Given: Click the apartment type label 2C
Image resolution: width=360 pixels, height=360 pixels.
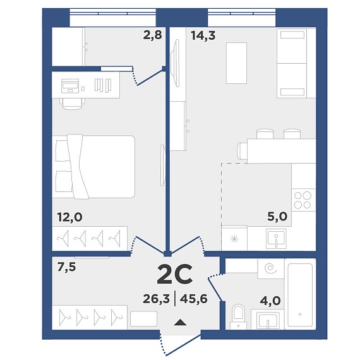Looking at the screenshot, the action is (175, 274).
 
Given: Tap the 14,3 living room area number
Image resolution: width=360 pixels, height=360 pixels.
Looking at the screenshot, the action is (203, 36).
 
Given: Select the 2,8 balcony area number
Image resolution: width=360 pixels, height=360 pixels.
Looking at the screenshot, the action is (153, 35).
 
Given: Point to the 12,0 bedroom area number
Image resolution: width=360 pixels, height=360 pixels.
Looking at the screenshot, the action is (70, 217).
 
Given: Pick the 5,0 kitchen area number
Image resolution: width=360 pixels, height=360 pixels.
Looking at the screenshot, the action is (277, 216).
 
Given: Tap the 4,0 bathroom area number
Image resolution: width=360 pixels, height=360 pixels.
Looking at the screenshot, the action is (270, 301).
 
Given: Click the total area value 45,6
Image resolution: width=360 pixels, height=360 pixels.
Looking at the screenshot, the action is (194, 299).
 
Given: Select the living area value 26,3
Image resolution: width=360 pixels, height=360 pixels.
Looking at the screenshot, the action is (157, 299).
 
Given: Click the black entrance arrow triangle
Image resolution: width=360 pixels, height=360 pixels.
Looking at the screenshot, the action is (180, 322).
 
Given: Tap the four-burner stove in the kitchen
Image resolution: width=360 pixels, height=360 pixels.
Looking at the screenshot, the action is (303, 200).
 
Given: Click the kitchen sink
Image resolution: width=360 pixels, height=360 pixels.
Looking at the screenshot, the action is (276, 239).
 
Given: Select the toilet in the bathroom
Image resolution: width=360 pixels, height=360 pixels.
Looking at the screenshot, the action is (239, 316).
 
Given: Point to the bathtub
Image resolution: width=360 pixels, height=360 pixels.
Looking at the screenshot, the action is (300, 295).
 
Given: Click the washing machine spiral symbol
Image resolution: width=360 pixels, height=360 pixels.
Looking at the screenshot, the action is (270, 268).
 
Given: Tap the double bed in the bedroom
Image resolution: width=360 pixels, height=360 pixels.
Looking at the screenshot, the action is (93, 167).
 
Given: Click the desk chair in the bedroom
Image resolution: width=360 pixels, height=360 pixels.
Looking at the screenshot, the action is (73, 104).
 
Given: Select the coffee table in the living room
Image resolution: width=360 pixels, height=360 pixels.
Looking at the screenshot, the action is (236, 63).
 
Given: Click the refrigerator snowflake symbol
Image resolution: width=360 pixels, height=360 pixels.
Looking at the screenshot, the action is (235, 239).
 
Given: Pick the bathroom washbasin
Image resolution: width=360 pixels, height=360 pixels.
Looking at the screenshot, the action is (268, 319).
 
